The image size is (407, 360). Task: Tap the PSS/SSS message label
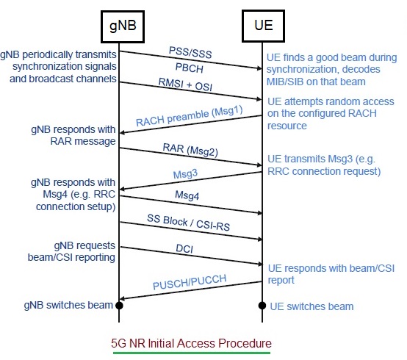[x=190, y=52]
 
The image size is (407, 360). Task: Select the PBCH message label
[x=190, y=68]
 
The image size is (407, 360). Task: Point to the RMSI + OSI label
[x=185, y=84]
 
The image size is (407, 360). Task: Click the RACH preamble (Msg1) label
[x=190, y=116]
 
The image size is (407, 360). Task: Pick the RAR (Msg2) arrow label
[x=190, y=150]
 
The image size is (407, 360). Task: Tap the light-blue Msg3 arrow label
[x=185, y=174]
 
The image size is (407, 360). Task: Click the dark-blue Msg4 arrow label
[x=187, y=195]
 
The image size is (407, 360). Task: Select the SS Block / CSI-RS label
[x=189, y=223]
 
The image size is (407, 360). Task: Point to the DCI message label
[x=184, y=248]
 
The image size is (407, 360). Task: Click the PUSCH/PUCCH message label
[x=190, y=282]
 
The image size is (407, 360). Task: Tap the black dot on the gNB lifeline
[x=119, y=306]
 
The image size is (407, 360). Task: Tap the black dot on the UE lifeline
[x=262, y=306]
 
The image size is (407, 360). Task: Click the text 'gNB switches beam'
[x=68, y=305]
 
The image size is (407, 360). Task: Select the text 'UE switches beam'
[x=311, y=306]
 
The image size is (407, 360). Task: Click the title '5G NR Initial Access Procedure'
[x=191, y=343]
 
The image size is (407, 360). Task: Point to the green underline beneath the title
[x=192, y=353]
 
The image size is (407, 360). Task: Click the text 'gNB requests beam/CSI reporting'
[x=71, y=251]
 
